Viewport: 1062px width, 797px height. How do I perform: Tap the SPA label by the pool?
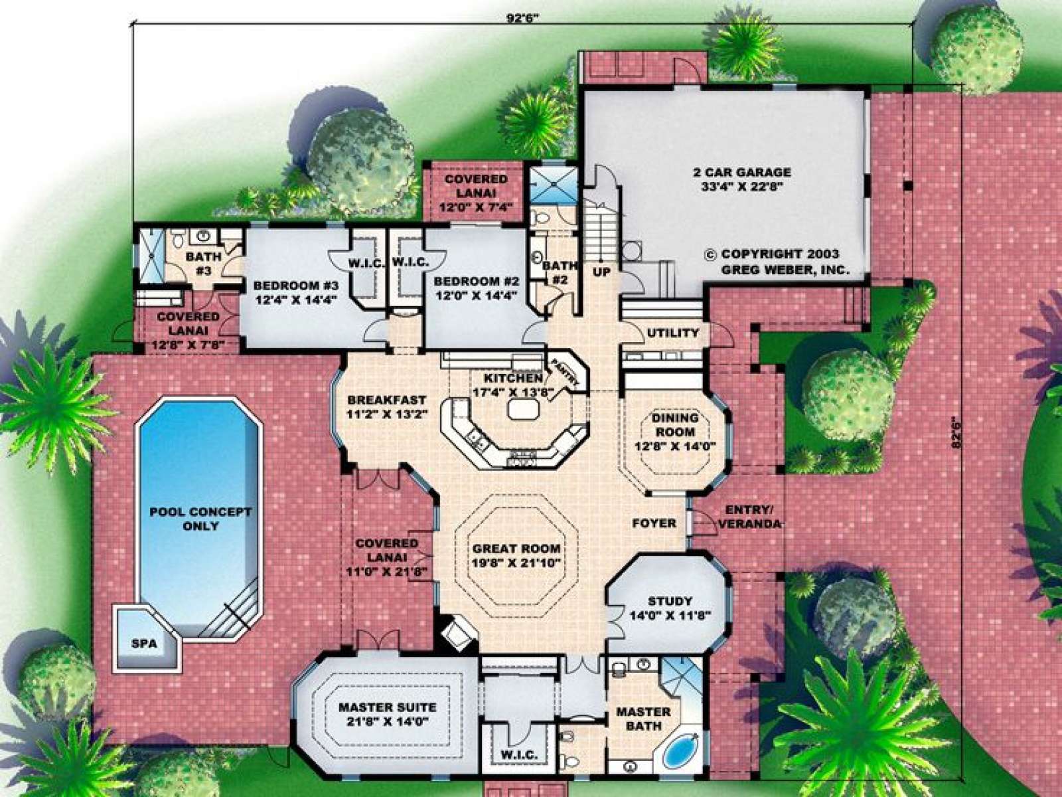[x=144, y=644]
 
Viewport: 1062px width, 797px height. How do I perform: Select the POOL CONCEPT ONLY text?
[x=200, y=519]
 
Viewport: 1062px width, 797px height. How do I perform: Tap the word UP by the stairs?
[x=602, y=273]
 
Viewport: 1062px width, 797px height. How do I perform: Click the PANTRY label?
[x=566, y=372]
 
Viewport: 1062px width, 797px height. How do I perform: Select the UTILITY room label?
[x=673, y=333]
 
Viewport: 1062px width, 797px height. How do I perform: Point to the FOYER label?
[x=654, y=523]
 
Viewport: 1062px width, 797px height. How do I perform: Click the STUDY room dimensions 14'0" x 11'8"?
[x=670, y=616]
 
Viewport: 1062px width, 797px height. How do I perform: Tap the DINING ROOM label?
[x=676, y=424]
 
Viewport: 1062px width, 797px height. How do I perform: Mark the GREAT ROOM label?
[x=516, y=549]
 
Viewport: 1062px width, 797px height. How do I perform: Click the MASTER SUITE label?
[x=387, y=707]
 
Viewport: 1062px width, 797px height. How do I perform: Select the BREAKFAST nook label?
[x=386, y=400]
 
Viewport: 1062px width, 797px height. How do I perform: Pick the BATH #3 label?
[x=204, y=263]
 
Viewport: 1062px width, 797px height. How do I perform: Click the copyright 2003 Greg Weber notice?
[x=778, y=262]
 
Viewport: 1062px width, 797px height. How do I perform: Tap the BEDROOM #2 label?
[x=476, y=281]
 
